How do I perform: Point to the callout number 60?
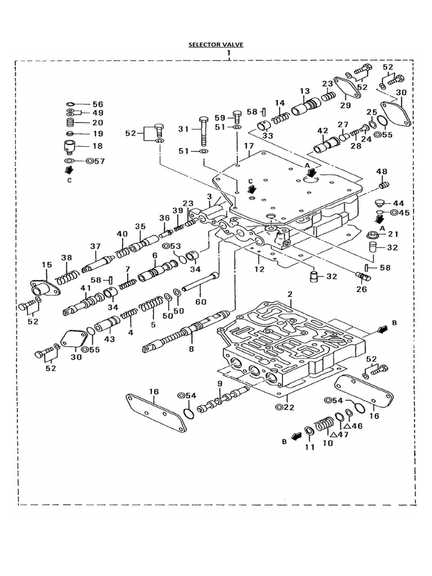(x=201, y=301)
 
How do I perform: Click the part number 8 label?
(x=191, y=349)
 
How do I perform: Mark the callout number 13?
(x=304, y=91)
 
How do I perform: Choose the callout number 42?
(x=322, y=131)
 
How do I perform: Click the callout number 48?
(x=382, y=171)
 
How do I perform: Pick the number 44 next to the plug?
(x=398, y=202)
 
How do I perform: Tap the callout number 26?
(x=361, y=290)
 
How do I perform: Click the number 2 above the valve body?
(x=290, y=294)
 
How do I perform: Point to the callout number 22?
(x=289, y=407)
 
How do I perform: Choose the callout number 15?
(x=47, y=264)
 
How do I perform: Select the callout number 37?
(x=95, y=246)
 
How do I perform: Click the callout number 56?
(x=98, y=104)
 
